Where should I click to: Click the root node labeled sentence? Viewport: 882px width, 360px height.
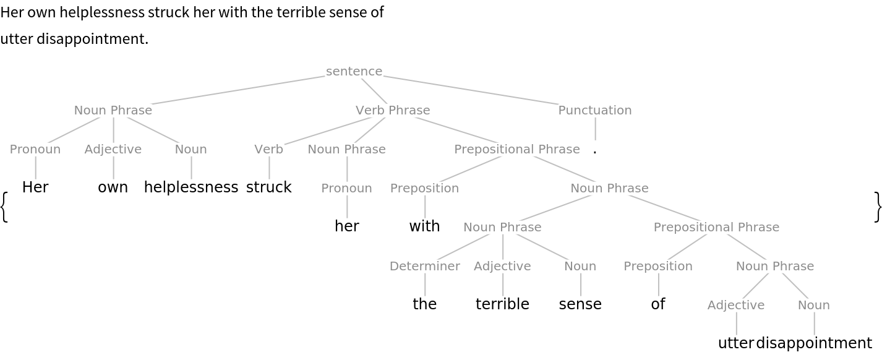[x=354, y=71]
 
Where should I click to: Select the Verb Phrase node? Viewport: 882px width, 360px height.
[x=393, y=110]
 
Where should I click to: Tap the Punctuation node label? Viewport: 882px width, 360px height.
[x=594, y=110]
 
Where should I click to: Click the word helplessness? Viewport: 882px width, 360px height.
[x=191, y=187]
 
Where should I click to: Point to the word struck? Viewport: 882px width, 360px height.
[x=269, y=187]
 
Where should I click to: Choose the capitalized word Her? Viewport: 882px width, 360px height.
[x=35, y=187]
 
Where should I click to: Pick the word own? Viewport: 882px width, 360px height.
[x=113, y=187]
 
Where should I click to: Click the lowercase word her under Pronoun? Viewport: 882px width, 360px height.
[x=347, y=226]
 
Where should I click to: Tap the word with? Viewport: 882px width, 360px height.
[x=425, y=226]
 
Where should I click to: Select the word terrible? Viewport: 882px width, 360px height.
[x=503, y=304]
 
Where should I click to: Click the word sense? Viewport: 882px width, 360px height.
[x=581, y=304]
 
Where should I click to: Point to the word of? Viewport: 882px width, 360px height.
[x=658, y=304]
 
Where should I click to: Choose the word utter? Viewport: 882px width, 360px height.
[x=736, y=343]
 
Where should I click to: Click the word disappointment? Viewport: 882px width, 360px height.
[x=814, y=343]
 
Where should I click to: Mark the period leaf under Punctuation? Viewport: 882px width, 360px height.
[x=595, y=149]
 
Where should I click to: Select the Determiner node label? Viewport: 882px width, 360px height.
[x=425, y=266]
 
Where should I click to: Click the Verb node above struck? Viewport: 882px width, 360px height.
[x=269, y=149]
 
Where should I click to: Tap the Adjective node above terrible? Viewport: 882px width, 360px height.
[x=503, y=266]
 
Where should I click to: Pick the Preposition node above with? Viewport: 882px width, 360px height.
[x=425, y=188]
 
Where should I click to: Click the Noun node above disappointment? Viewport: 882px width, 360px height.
[x=814, y=305]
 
